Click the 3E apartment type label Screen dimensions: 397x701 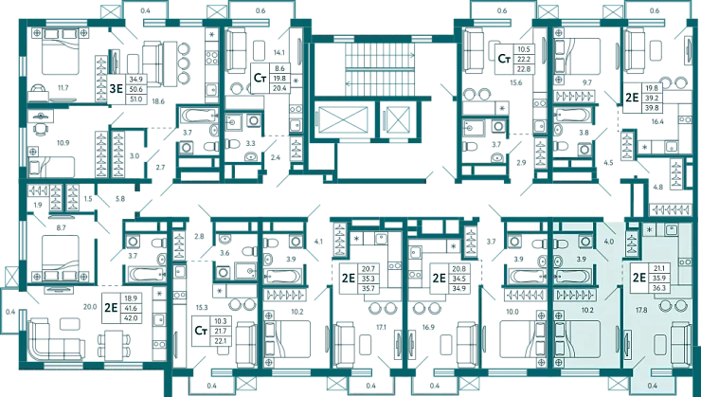point(117,90)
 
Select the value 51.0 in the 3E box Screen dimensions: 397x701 point(135,98)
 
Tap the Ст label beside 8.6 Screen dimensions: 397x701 point(259,78)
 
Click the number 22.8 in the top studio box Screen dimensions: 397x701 point(523,67)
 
